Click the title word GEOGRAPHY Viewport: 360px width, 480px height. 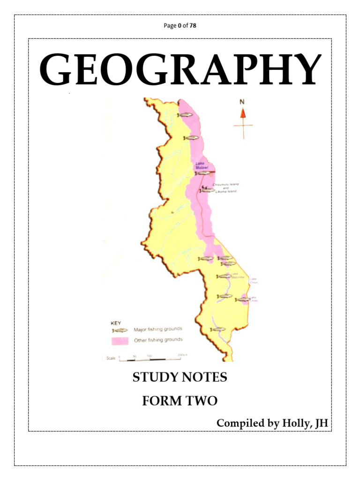point(180,70)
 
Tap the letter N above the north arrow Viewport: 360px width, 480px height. point(242,102)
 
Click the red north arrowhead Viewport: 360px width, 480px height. point(243,112)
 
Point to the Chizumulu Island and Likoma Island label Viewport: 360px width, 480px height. point(225,188)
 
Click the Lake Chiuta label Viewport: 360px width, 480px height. point(253,280)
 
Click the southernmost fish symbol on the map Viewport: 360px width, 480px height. point(217,330)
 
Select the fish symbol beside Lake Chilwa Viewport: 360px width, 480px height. point(242,299)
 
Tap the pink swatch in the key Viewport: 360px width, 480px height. point(120,340)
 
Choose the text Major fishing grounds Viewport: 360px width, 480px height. point(158,329)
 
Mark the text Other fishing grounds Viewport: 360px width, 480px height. point(158,340)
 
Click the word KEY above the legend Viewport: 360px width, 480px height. point(116,322)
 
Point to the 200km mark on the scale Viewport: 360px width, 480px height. point(182,356)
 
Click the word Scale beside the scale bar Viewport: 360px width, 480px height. point(111,358)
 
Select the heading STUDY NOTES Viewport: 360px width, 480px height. point(180,377)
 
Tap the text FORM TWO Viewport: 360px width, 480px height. point(180,401)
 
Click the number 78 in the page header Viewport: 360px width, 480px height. point(193,25)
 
